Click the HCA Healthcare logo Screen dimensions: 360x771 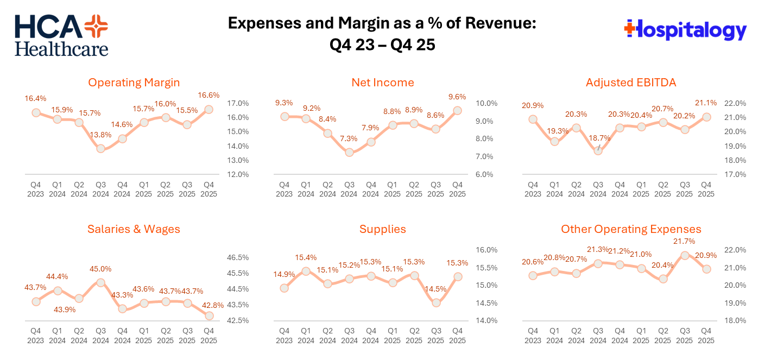click(61, 35)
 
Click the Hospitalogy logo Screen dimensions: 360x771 click(686, 29)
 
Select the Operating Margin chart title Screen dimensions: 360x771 click(134, 83)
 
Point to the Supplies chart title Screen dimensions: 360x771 click(382, 229)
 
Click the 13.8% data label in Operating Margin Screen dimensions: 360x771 click(101, 134)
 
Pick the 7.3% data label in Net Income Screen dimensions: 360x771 click(349, 138)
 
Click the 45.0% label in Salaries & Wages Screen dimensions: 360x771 click(100, 269)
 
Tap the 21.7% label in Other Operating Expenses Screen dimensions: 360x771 click(685, 241)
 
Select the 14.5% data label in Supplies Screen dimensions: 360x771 click(435, 289)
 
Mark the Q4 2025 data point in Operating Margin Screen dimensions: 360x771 click(209, 109)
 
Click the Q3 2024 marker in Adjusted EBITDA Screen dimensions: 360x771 click(598, 150)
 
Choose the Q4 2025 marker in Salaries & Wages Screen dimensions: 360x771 click(209, 315)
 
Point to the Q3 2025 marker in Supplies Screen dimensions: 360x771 click(436, 302)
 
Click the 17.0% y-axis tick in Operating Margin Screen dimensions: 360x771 click(237, 103)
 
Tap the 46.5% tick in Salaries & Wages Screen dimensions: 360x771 click(237, 257)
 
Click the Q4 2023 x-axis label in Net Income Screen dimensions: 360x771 click(284, 190)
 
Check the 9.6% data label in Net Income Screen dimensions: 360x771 click(457, 97)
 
